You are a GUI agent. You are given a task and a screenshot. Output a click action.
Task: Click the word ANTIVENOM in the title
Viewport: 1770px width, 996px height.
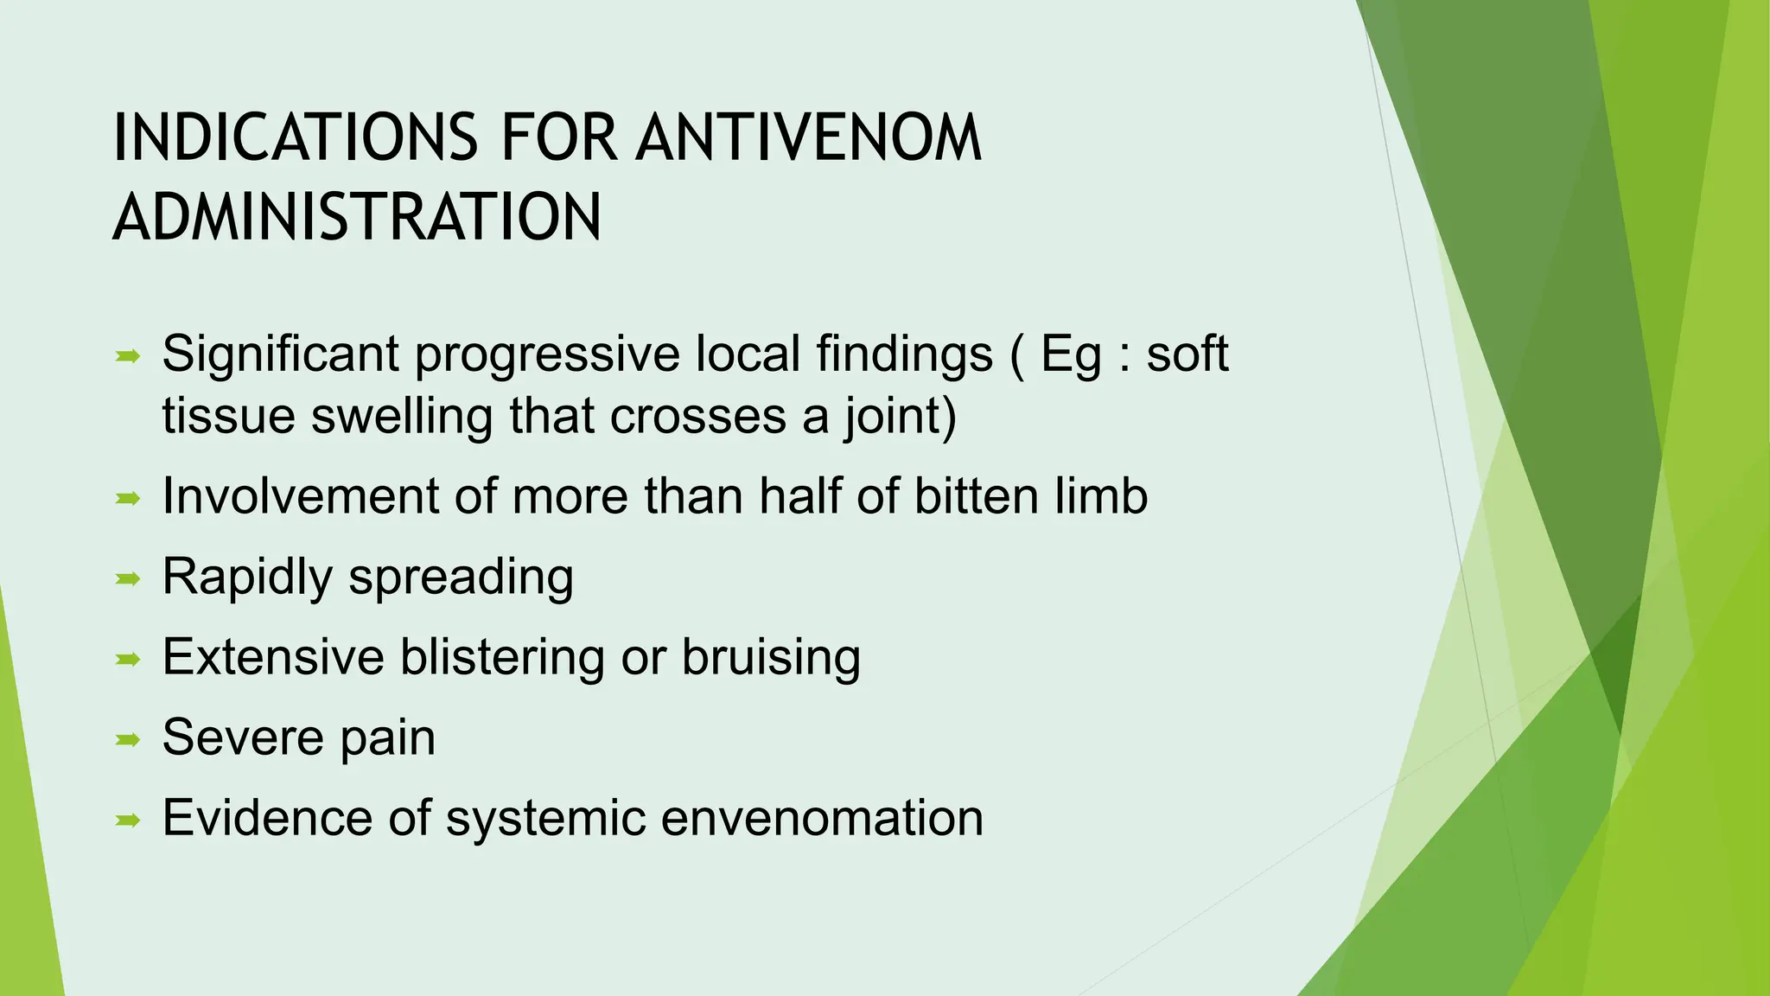tap(809, 138)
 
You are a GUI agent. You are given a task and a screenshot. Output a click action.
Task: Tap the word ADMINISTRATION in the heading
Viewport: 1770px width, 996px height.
tap(357, 218)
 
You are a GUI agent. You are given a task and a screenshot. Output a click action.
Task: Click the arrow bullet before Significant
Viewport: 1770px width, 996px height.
tap(128, 355)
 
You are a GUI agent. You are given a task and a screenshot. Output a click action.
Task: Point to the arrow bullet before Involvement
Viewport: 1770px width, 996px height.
tap(128, 498)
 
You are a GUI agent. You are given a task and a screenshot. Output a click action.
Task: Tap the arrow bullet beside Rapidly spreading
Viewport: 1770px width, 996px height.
tap(128, 578)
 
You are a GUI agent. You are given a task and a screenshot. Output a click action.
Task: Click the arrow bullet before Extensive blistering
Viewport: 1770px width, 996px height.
tap(128, 659)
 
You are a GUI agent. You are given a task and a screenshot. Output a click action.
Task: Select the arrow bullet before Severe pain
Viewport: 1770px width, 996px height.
tap(128, 739)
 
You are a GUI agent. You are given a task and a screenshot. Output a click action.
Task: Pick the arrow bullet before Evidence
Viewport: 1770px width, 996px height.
tap(128, 820)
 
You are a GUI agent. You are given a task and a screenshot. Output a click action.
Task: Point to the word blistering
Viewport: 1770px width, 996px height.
tap(502, 657)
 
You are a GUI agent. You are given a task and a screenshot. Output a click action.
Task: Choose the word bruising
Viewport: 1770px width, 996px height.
tap(771, 657)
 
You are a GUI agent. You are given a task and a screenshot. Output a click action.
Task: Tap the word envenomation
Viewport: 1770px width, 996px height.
tap(822, 818)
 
